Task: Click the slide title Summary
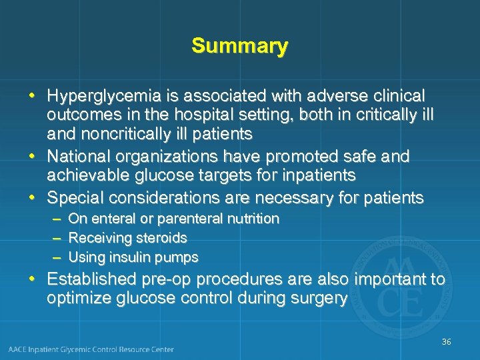[x=239, y=46]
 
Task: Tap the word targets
[x=257, y=175]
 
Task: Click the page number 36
[x=446, y=342]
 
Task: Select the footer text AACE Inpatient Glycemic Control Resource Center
[x=91, y=349]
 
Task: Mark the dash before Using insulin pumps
[x=57, y=257]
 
